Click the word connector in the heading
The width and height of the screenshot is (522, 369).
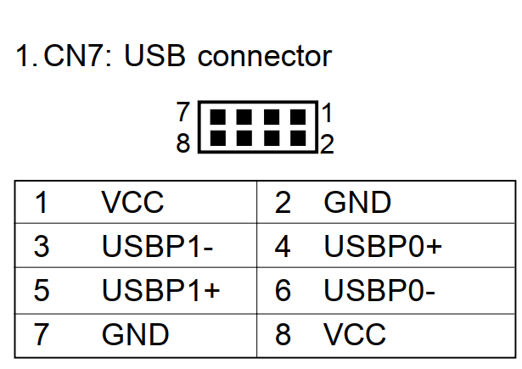click(x=264, y=58)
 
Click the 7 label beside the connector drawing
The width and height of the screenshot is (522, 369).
click(x=182, y=112)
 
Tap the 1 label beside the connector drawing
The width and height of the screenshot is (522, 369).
click(x=327, y=112)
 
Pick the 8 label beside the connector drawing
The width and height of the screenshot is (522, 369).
click(x=182, y=144)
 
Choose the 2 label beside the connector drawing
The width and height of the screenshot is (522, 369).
click(x=327, y=144)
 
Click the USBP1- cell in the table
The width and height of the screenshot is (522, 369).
click(x=157, y=247)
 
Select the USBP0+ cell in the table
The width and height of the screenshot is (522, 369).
click(x=383, y=247)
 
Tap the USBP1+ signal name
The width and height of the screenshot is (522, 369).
click(x=160, y=290)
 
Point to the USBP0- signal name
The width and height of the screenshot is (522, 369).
click(x=379, y=290)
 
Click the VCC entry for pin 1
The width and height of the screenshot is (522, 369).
click(x=132, y=204)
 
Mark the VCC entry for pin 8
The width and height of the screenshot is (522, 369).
click(x=354, y=334)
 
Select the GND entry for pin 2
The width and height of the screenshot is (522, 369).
click(x=357, y=204)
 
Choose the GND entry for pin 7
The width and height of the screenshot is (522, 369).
click(x=135, y=334)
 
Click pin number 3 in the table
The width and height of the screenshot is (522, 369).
click(x=42, y=247)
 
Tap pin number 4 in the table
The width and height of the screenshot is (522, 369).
click(x=283, y=247)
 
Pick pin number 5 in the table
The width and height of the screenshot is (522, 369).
click(x=42, y=290)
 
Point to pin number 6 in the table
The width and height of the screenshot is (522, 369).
click(x=283, y=290)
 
